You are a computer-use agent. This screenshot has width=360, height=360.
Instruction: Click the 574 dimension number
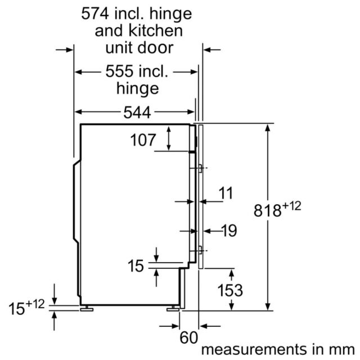95,13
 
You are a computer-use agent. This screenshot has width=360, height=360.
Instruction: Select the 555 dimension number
119,71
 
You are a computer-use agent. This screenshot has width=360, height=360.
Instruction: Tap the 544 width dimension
137,112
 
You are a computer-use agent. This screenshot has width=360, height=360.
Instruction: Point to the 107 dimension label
143,140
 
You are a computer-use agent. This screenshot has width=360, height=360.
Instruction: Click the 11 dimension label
226,193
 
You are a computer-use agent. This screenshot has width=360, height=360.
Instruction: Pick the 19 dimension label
229,231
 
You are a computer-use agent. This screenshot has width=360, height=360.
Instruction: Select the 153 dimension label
230,290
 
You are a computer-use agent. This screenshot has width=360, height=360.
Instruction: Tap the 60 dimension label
188,337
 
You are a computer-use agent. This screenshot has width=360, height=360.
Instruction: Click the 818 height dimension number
268,210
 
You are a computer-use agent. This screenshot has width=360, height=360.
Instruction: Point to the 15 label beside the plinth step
136,266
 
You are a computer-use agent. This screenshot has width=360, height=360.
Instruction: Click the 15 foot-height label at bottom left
16,309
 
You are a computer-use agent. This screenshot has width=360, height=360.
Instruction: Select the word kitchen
155,30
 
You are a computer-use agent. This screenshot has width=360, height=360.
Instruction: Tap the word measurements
254,349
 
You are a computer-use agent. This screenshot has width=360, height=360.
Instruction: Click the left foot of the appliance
87,309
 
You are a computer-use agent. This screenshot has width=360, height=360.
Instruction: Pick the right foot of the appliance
173,309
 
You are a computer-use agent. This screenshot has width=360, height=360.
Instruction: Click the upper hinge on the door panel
200,168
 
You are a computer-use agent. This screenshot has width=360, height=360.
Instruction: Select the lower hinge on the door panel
200,250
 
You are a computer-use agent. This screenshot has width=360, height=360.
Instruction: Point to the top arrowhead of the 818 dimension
268,128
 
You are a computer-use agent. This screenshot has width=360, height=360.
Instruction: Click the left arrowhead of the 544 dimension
79,112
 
